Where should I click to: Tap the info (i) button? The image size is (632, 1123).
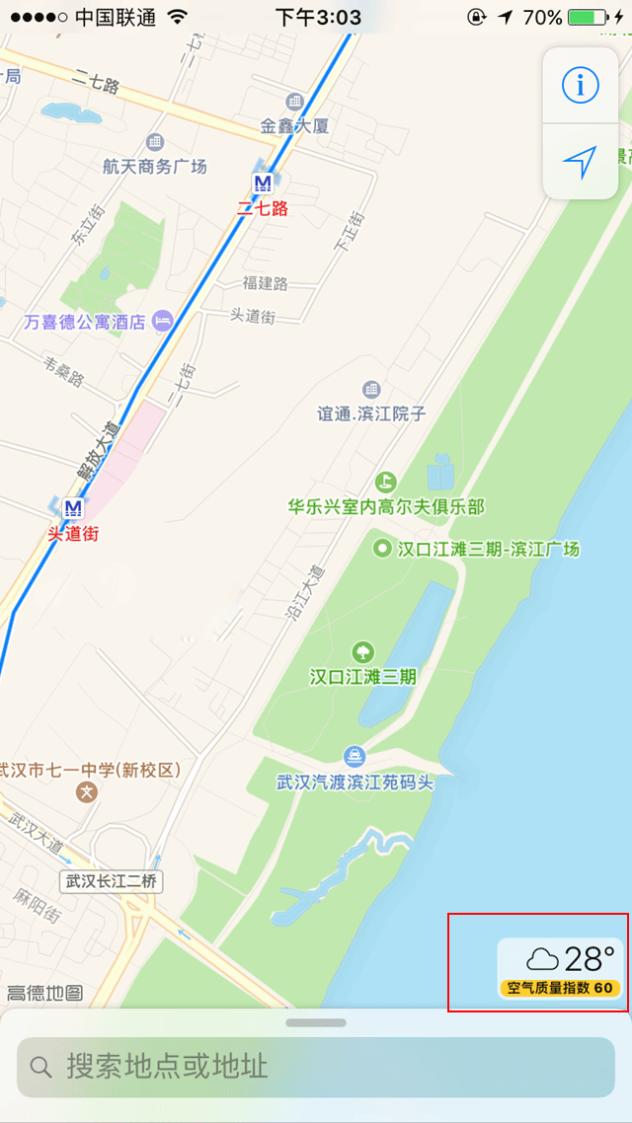[580, 86]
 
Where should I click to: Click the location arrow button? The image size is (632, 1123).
[580, 162]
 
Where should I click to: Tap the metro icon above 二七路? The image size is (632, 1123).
[263, 184]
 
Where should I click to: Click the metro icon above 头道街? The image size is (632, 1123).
[72, 508]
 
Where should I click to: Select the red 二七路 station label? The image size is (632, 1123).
[263, 208]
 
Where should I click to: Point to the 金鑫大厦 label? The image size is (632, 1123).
[294, 125]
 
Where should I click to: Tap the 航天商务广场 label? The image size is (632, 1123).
[155, 166]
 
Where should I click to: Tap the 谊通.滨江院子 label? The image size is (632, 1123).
[371, 413]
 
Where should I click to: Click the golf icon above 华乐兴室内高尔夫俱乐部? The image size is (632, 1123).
[385, 483]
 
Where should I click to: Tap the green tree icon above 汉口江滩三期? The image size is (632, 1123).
[363, 652]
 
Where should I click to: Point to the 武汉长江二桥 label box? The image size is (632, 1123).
[112, 881]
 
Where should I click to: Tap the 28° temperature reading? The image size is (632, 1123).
[590, 958]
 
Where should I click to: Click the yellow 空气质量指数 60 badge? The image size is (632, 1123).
[559, 988]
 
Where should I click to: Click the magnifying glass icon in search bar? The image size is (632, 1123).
[40, 1066]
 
